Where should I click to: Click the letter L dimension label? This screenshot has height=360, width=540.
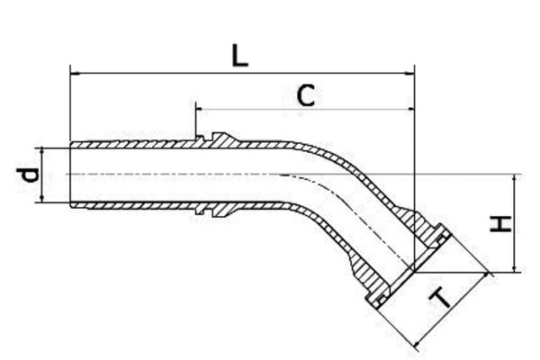(x=238, y=56)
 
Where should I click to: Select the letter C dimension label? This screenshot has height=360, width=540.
(x=306, y=95)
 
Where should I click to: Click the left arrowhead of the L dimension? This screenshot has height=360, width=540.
(x=74, y=72)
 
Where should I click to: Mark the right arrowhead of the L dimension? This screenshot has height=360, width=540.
(x=409, y=72)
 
